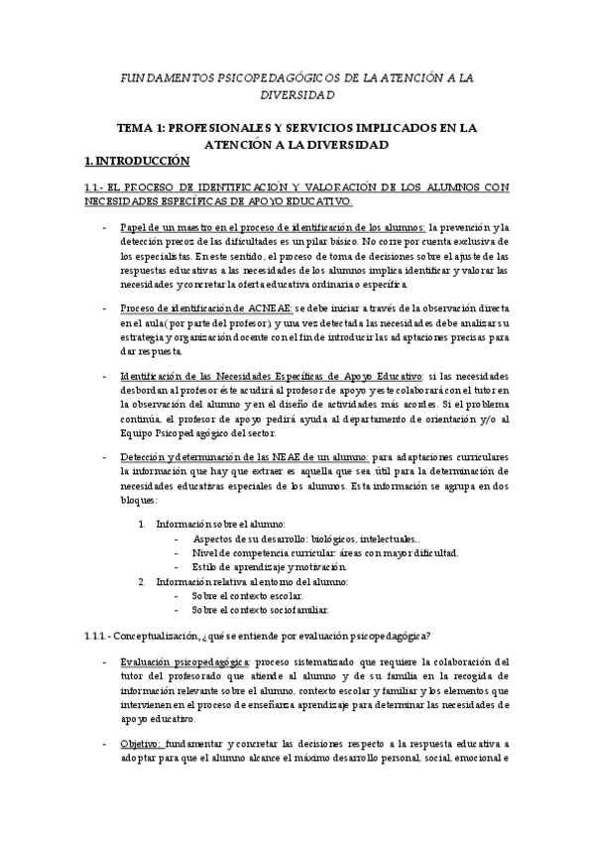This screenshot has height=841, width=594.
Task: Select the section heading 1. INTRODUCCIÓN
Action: coord(136,160)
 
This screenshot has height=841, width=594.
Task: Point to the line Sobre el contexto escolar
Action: coord(247,595)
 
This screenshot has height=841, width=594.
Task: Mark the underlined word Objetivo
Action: coord(141,742)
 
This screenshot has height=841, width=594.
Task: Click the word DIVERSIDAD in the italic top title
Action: coord(297,95)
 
